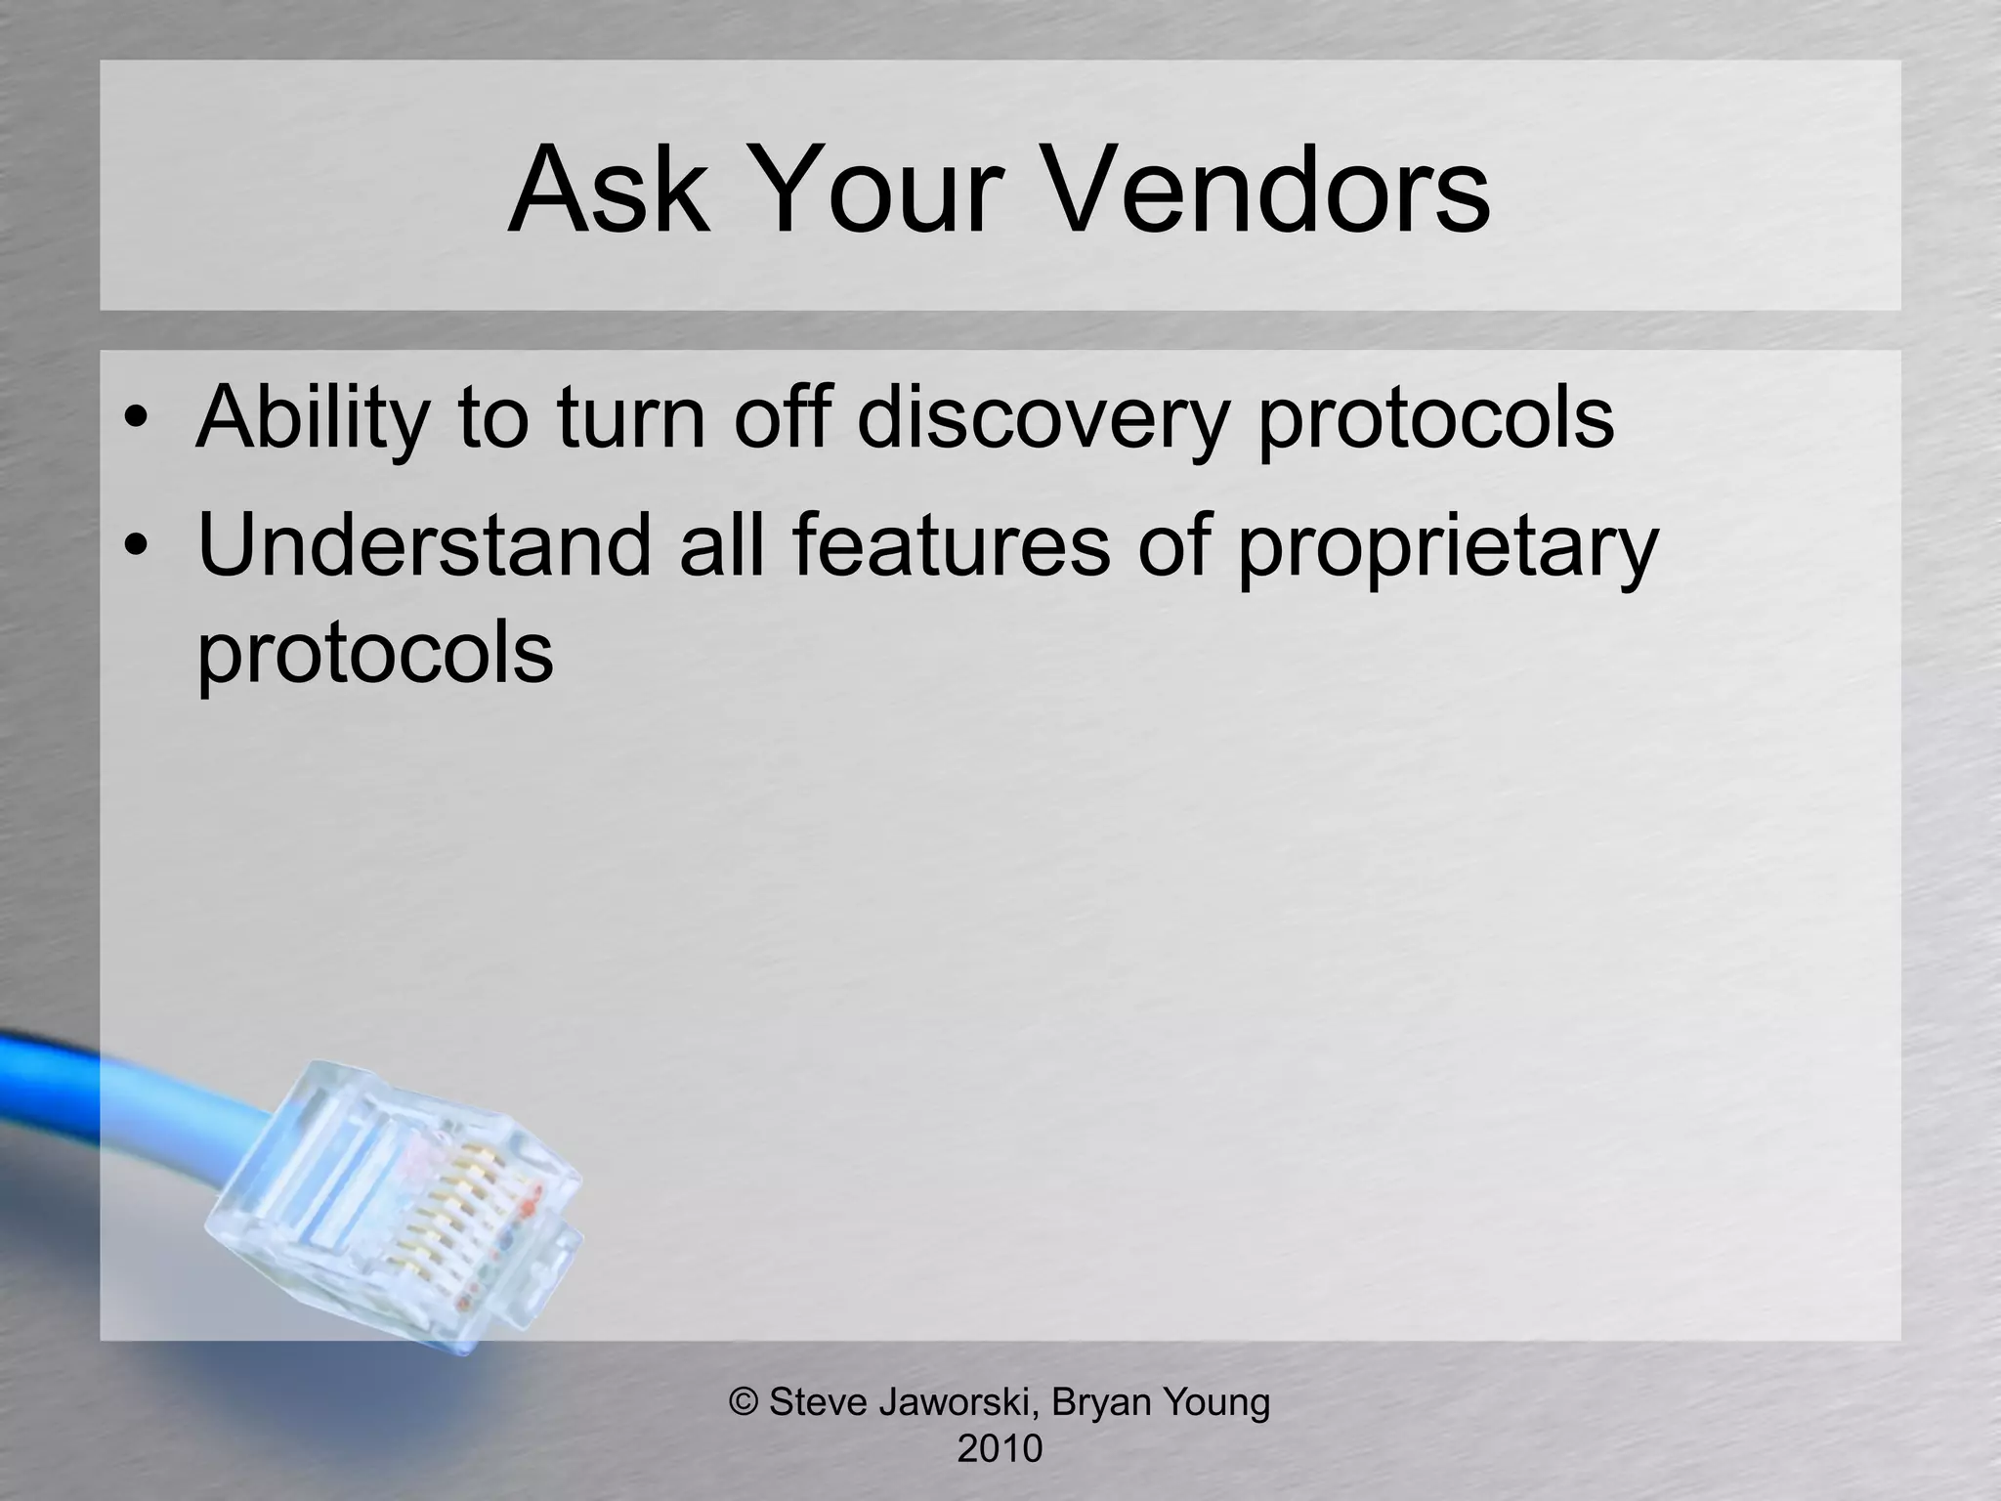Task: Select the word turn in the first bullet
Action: point(630,418)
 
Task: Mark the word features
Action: point(951,543)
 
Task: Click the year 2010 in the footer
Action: point(1000,1448)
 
